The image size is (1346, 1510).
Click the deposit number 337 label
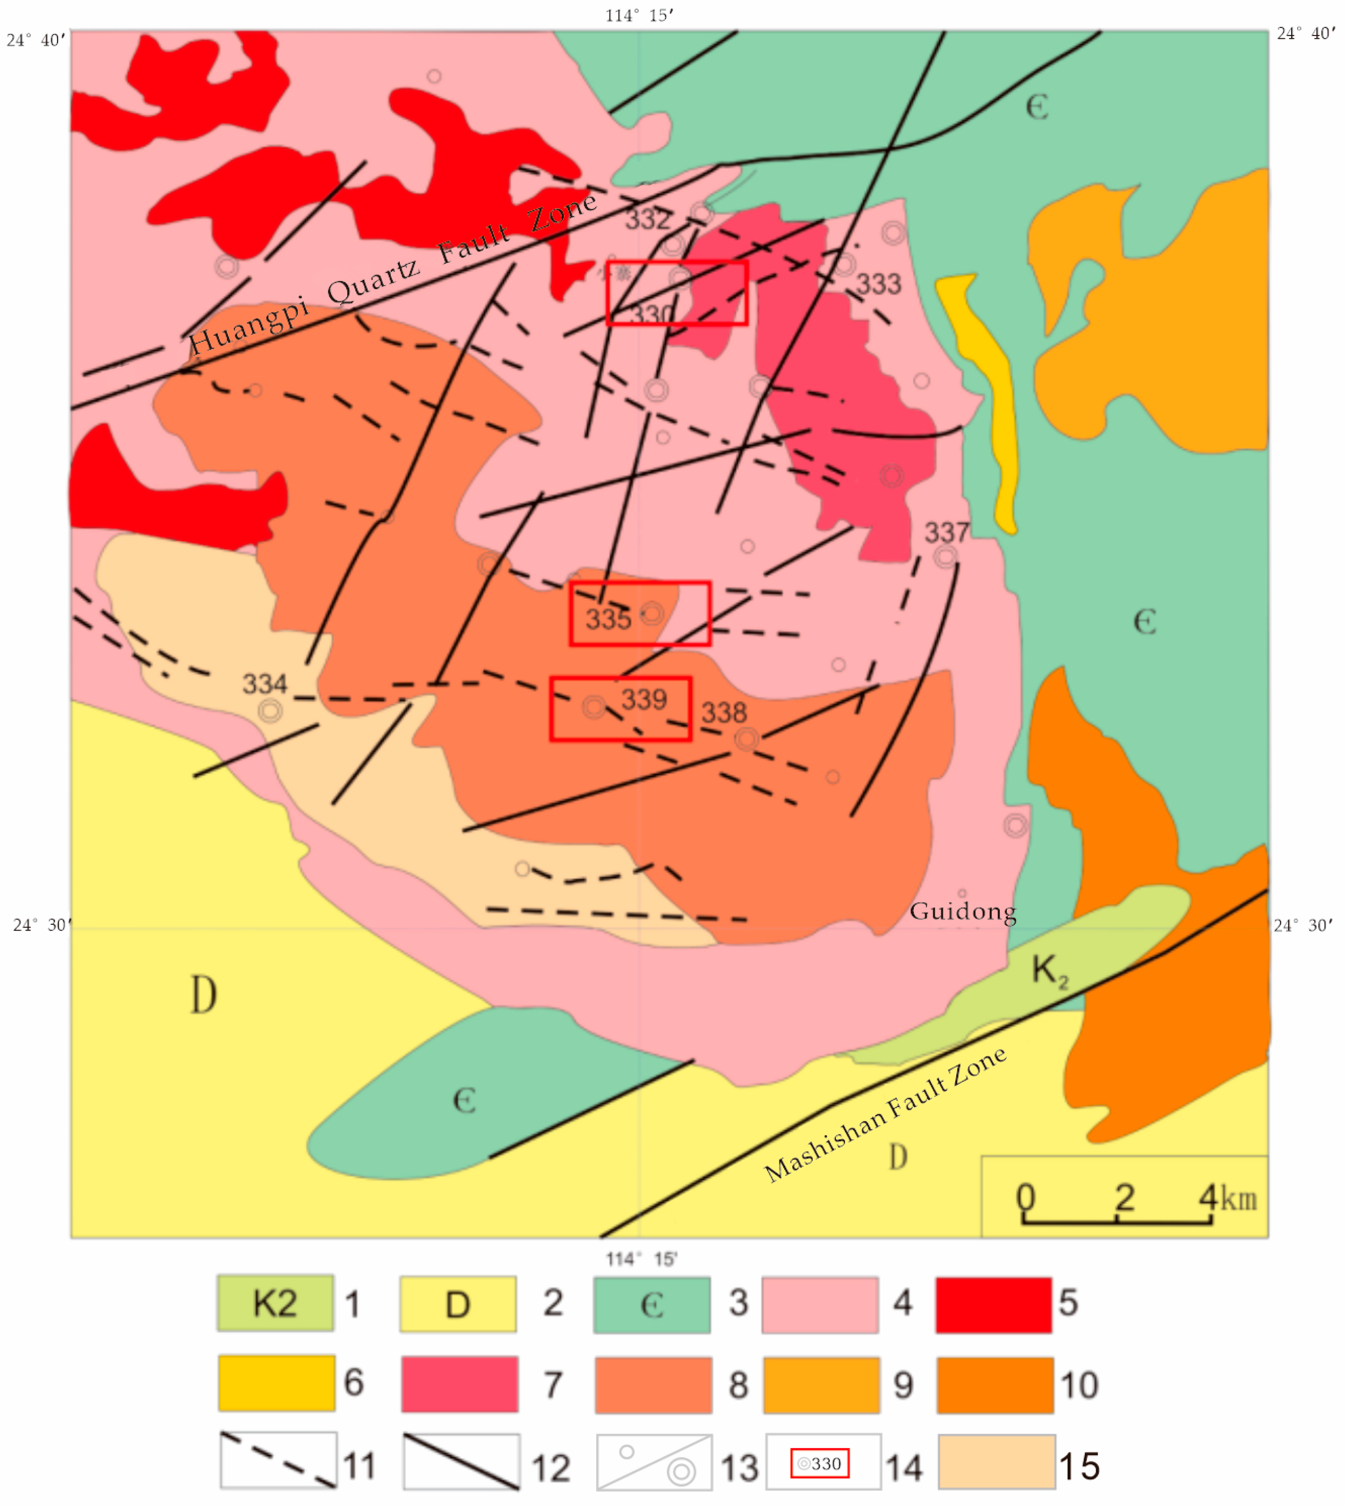pyautogui.click(x=946, y=533)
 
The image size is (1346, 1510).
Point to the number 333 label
pyautogui.click(x=878, y=284)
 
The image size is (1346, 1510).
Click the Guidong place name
pyautogui.click(x=962, y=911)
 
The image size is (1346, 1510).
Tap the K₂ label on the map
pyautogui.click(x=1049, y=969)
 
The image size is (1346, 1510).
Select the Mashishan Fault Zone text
pyautogui.click(x=885, y=1114)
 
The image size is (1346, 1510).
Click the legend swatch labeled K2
pyautogui.click(x=275, y=1304)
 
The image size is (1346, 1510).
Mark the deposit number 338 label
pyautogui.click(x=724, y=713)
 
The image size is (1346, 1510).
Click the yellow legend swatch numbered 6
pyautogui.click(x=277, y=1383)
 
